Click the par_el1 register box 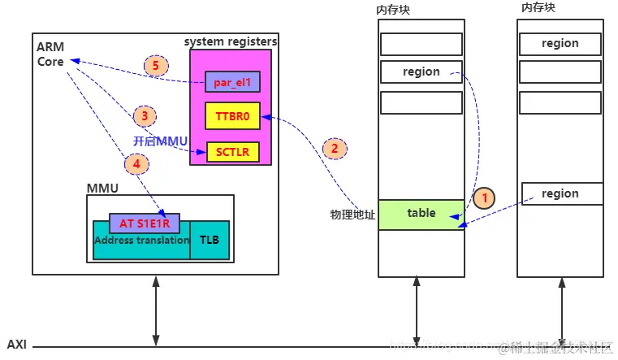(231, 81)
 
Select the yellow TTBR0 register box (231, 116)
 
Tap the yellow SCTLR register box (232, 151)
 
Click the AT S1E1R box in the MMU (144, 223)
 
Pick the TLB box (210, 240)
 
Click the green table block (421, 214)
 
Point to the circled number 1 (485, 197)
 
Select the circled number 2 (334, 148)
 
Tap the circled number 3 (144, 115)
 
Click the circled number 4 (136, 163)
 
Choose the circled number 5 (155, 66)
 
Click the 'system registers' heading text (231, 41)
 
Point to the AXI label (17, 345)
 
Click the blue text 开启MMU (160, 141)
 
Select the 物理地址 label (352, 215)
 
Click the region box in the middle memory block (421, 72)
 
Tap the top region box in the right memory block (560, 44)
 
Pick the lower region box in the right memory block (560, 193)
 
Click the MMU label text (102, 189)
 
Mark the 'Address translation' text (141, 241)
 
